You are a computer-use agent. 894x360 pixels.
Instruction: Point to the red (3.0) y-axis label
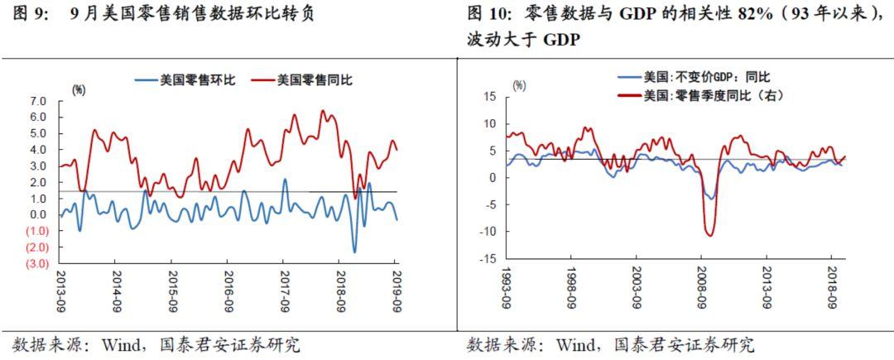click(x=36, y=263)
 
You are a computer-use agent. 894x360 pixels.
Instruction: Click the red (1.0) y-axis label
click(x=36, y=231)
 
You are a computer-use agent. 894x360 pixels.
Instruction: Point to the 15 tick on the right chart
click(x=489, y=97)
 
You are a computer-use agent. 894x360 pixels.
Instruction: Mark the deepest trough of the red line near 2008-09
click(x=709, y=236)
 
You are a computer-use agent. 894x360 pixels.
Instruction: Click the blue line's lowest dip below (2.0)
click(x=355, y=252)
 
